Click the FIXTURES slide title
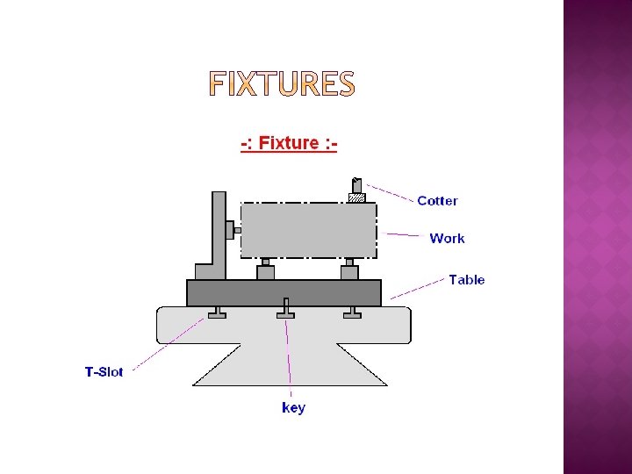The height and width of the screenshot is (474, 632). point(282,84)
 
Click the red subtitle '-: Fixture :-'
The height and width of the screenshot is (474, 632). point(290,143)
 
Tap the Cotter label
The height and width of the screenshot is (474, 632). point(437,201)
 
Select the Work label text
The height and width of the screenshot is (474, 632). point(447,238)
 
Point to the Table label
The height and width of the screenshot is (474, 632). point(466,280)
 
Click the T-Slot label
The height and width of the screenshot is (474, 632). point(104,371)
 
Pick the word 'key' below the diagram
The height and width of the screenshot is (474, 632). point(293,407)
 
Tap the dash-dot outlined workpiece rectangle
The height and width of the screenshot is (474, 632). point(308,230)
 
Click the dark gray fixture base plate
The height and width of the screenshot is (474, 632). point(284,292)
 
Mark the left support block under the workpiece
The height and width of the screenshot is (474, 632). point(266,271)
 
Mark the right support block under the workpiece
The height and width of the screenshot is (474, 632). point(349,271)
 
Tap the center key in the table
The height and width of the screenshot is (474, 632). point(285,310)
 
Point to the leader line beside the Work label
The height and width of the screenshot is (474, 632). point(403,234)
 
